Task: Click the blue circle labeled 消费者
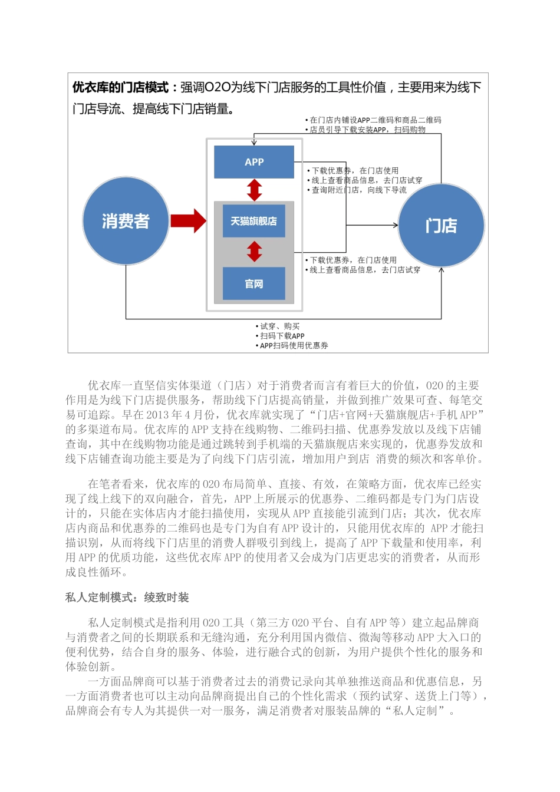tap(126, 221)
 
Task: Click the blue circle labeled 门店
tap(442, 226)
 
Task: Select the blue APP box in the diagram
tap(254, 162)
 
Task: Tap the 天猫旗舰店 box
tap(254, 221)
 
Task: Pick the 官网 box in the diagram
tap(254, 284)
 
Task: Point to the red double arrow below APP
tap(255, 190)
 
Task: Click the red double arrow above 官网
tap(255, 252)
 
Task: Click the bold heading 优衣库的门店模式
tap(120, 88)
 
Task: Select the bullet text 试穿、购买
tap(280, 326)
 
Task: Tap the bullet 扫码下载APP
tap(282, 336)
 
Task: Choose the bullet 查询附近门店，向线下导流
tap(359, 190)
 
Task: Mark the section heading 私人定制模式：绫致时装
tap(127, 598)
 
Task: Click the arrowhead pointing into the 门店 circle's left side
tap(396, 225)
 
